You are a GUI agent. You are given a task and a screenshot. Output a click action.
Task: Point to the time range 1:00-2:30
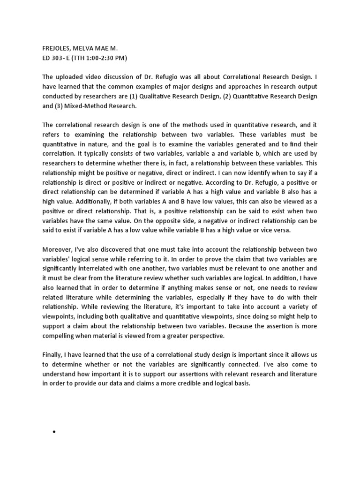point(97,58)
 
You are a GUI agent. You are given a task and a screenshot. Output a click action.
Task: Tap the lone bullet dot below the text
point(55,432)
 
